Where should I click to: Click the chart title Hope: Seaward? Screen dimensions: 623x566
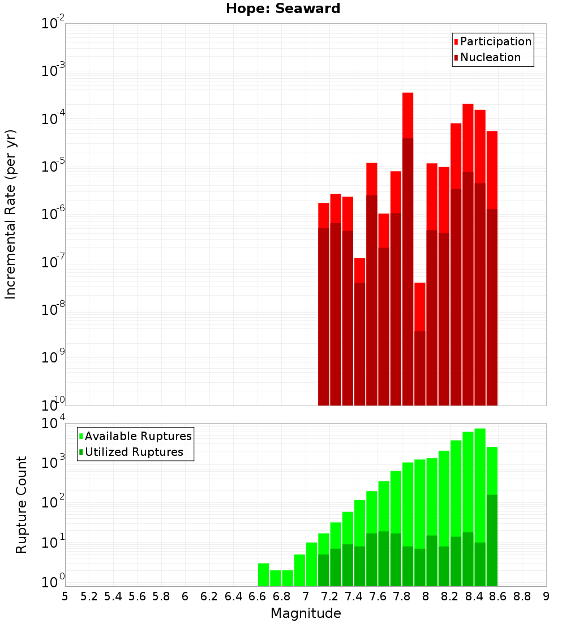pos(283,9)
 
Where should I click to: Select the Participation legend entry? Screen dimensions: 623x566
pos(496,41)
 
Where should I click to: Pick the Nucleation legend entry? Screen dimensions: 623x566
pos(490,57)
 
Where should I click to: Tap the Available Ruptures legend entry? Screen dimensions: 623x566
pos(138,436)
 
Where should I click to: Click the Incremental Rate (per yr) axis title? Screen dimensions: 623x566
pos(11,214)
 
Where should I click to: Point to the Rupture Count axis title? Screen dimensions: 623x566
pos(22,505)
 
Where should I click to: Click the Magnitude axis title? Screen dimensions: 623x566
pos(306,613)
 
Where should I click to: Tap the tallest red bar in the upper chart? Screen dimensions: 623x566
pos(408,249)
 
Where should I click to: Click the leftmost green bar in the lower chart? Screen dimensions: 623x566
pos(263,575)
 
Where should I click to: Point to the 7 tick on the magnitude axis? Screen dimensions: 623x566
pos(306,596)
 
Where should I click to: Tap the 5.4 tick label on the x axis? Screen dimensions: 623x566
pos(113,596)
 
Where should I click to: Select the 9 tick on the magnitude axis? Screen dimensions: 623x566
pos(546,596)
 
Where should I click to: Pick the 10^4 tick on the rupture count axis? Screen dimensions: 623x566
pos(54,424)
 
